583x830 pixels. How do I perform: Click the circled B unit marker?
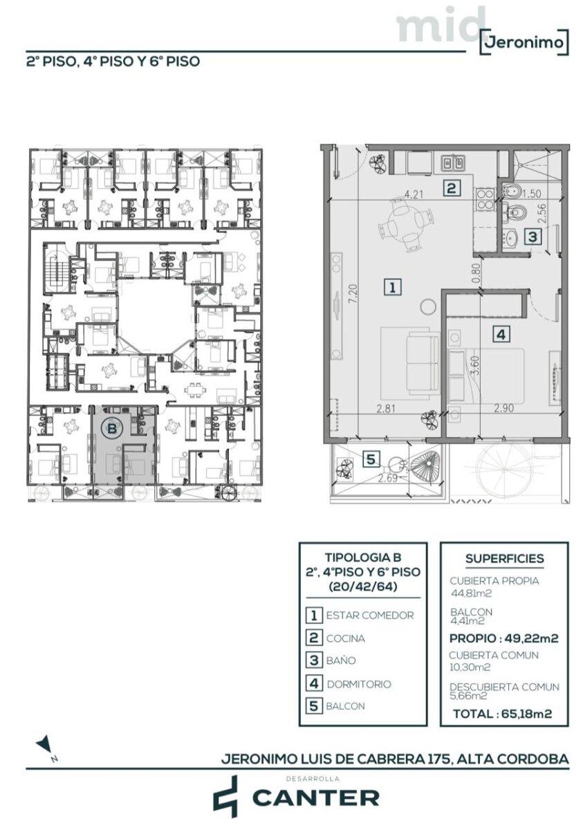pyautogui.click(x=111, y=429)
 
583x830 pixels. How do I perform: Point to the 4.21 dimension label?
pyautogui.click(x=414, y=194)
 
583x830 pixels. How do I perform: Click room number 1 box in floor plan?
pyautogui.click(x=393, y=287)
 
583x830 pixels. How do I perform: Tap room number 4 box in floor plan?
pyautogui.click(x=501, y=335)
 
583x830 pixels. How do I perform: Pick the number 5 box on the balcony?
pyautogui.click(x=371, y=459)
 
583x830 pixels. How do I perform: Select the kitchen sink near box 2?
pyautogui.click(x=452, y=162)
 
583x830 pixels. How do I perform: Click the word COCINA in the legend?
pyautogui.click(x=346, y=638)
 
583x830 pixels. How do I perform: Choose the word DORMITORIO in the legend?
pyautogui.click(x=359, y=684)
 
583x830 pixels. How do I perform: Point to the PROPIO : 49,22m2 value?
pyautogui.click(x=503, y=638)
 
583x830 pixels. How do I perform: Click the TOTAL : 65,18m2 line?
pyautogui.click(x=503, y=713)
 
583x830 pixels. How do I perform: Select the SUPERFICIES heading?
pyautogui.click(x=504, y=558)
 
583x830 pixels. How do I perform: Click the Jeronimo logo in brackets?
pyautogui.click(x=524, y=42)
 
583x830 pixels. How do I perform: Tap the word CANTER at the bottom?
pyautogui.click(x=316, y=797)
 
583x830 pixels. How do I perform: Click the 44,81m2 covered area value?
pyautogui.click(x=471, y=593)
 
